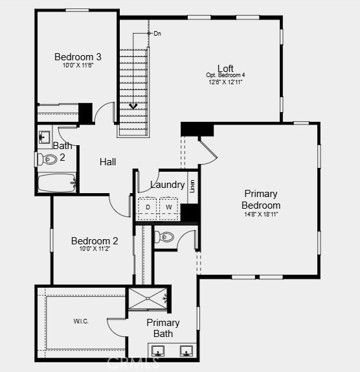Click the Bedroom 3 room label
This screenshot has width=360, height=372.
(77, 56)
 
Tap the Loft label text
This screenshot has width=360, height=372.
(225, 68)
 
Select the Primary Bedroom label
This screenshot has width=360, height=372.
(261, 200)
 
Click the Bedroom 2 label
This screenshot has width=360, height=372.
(94, 241)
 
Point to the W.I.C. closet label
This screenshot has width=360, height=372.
(80, 321)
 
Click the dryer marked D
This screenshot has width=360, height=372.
(148, 207)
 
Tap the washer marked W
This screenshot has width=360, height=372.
(168, 207)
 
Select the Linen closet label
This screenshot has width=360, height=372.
(192, 186)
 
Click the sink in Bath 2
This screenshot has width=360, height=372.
(45, 137)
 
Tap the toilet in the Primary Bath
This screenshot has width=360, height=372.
(166, 237)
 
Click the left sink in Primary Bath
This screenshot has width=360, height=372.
(159, 352)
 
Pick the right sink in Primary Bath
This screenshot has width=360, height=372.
(186, 352)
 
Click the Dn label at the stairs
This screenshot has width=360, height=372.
(157, 33)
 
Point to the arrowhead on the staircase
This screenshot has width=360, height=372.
(134, 106)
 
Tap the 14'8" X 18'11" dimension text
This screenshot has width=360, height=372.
(261, 214)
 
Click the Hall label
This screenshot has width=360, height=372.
(107, 162)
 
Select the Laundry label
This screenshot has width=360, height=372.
(167, 185)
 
